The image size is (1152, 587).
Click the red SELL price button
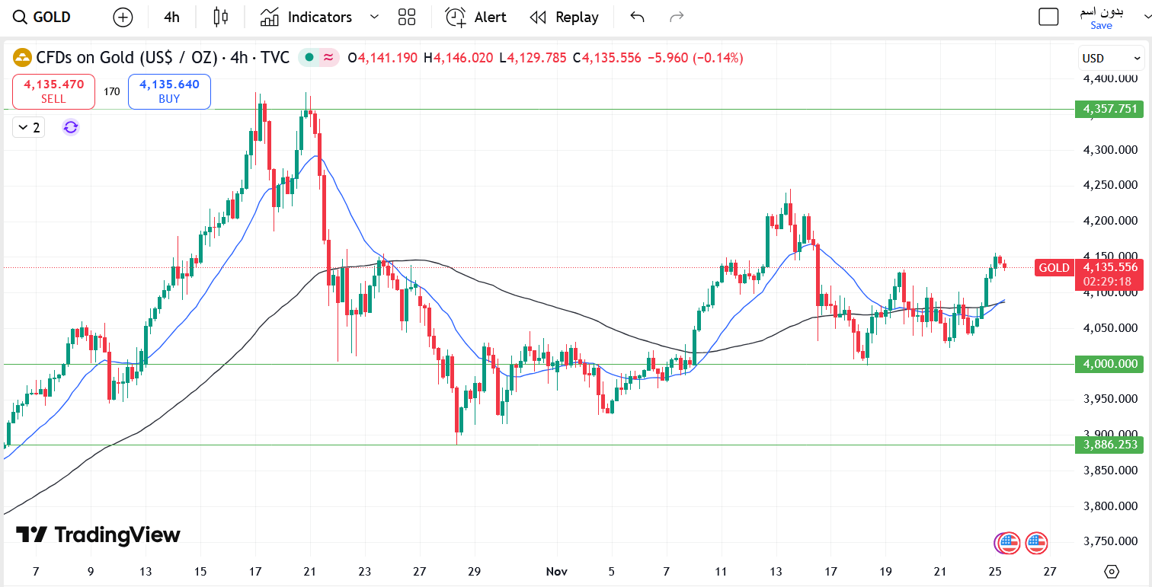[53, 91]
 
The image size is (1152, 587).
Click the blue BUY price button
[169, 91]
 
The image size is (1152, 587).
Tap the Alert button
[476, 17]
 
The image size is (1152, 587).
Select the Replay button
[564, 17]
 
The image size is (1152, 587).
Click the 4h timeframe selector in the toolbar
[171, 17]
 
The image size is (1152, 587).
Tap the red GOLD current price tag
[1054, 267]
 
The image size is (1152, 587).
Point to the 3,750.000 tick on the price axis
[1110, 541]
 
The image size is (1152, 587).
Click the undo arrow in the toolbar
[638, 17]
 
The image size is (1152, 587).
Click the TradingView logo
[98, 534]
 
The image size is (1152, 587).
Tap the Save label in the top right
[1101, 25]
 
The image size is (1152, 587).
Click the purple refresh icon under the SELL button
[71, 127]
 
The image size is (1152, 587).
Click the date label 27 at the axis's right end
[1049, 571]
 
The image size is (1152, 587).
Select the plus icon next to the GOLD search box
[122, 17]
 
